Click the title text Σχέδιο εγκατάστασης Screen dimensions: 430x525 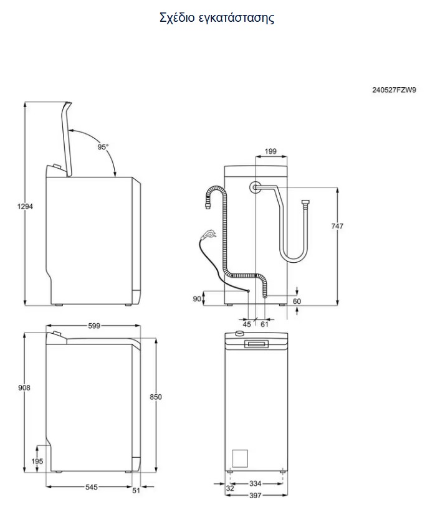click(x=217, y=17)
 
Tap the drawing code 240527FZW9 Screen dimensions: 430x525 click(x=394, y=90)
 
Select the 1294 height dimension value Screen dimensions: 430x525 click(x=25, y=206)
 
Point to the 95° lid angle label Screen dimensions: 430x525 click(x=103, y=146)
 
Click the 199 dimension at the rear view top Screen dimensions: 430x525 click(x=270, y=151)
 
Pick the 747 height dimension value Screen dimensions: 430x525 click(x=337, y=226)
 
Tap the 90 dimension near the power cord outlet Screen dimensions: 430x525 click(x=197, y=299)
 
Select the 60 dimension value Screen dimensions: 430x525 click(x=297, y=301)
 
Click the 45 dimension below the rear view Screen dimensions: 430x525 click(x=247, y=324)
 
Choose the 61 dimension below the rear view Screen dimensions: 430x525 click(x=264, y=324)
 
